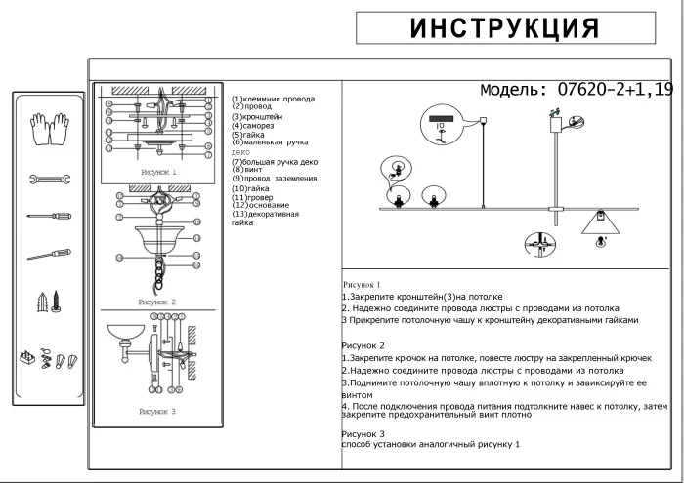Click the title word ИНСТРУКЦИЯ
tap(503, 28)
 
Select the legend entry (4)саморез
tap(252, 126)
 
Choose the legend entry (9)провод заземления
tap(275, 179)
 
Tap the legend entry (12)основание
tap(260, 205)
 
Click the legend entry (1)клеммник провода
tap(273, 99)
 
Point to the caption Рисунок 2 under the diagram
tap(156, 302)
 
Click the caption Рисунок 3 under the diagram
tap(156, 412)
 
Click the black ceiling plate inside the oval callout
tap(437, 122)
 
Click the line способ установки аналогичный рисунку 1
tap(431, 444)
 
